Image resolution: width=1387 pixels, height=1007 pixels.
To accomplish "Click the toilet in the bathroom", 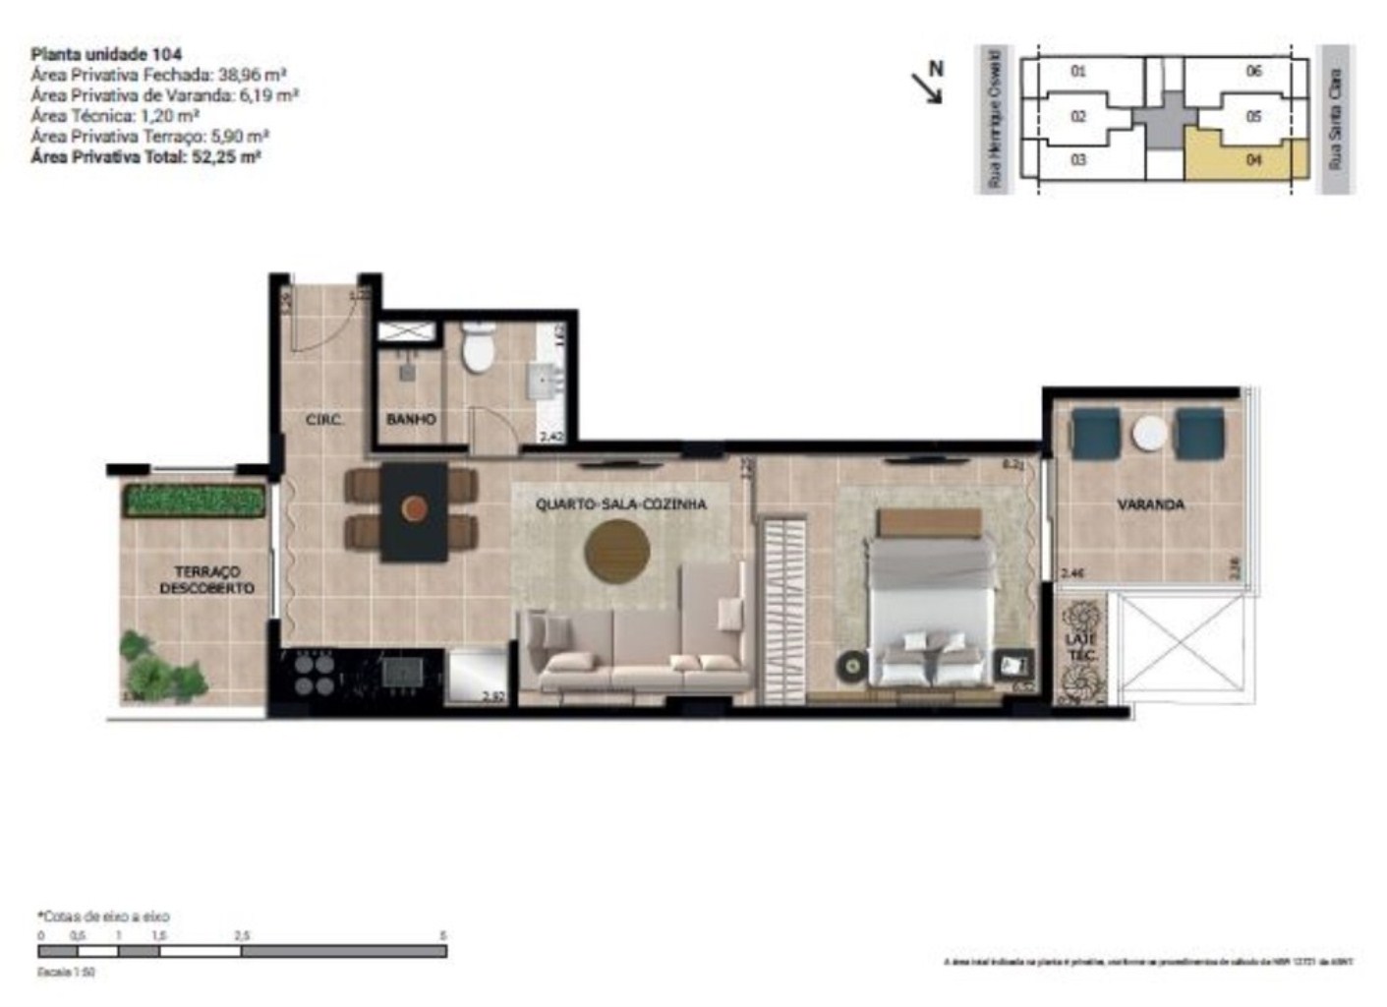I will [479, 350].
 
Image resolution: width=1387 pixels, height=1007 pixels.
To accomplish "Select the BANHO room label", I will [411, 419].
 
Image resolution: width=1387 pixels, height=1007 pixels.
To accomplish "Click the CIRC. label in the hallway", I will [324, 420].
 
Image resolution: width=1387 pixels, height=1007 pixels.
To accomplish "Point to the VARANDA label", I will [1150, 504].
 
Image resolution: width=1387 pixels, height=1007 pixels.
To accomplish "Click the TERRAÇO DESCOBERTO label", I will [206, 579].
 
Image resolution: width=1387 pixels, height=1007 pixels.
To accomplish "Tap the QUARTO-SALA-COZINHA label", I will [620, 504].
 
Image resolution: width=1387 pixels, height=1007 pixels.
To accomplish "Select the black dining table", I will [414, 511].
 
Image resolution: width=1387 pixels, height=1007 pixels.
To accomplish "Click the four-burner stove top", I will [313, 673].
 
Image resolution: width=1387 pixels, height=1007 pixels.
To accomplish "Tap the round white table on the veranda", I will [1148, 434].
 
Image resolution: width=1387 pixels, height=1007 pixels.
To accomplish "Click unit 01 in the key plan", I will [1078, 71].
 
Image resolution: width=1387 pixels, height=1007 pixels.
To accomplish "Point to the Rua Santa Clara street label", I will [1334, 119].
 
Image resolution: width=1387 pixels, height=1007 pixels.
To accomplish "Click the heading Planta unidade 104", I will [106, 54].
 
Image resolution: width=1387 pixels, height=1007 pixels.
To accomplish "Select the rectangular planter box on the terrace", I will [196, 502].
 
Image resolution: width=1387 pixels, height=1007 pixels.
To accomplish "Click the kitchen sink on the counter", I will [402, 672].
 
